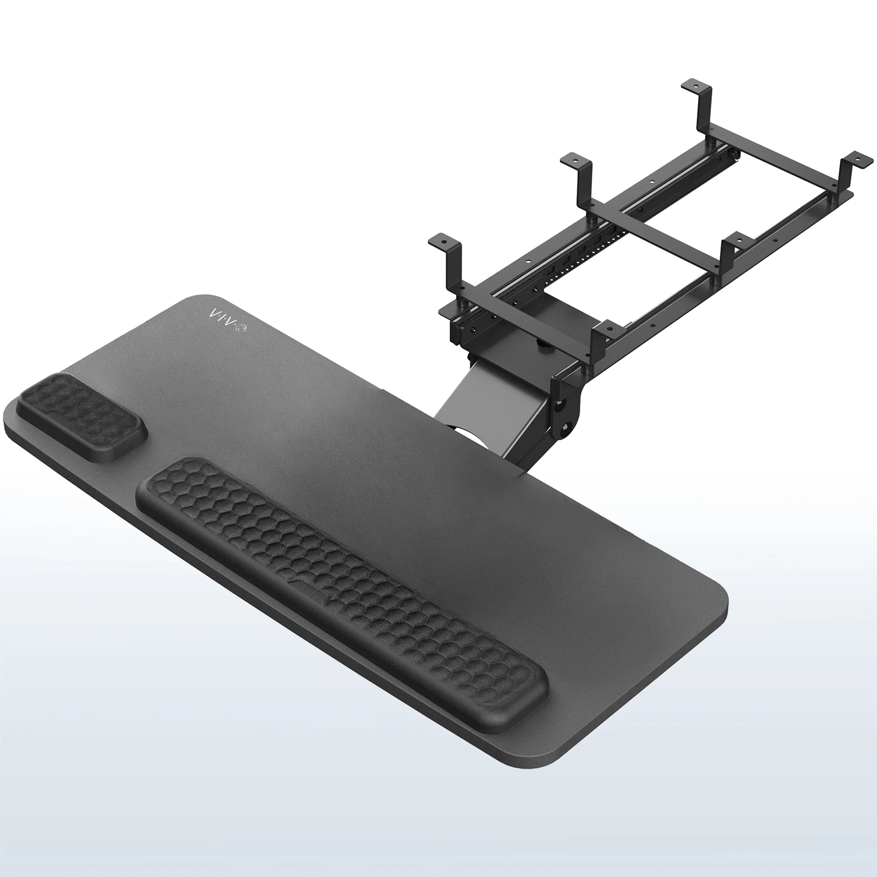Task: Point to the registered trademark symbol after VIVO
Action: (x=242, y=328)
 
